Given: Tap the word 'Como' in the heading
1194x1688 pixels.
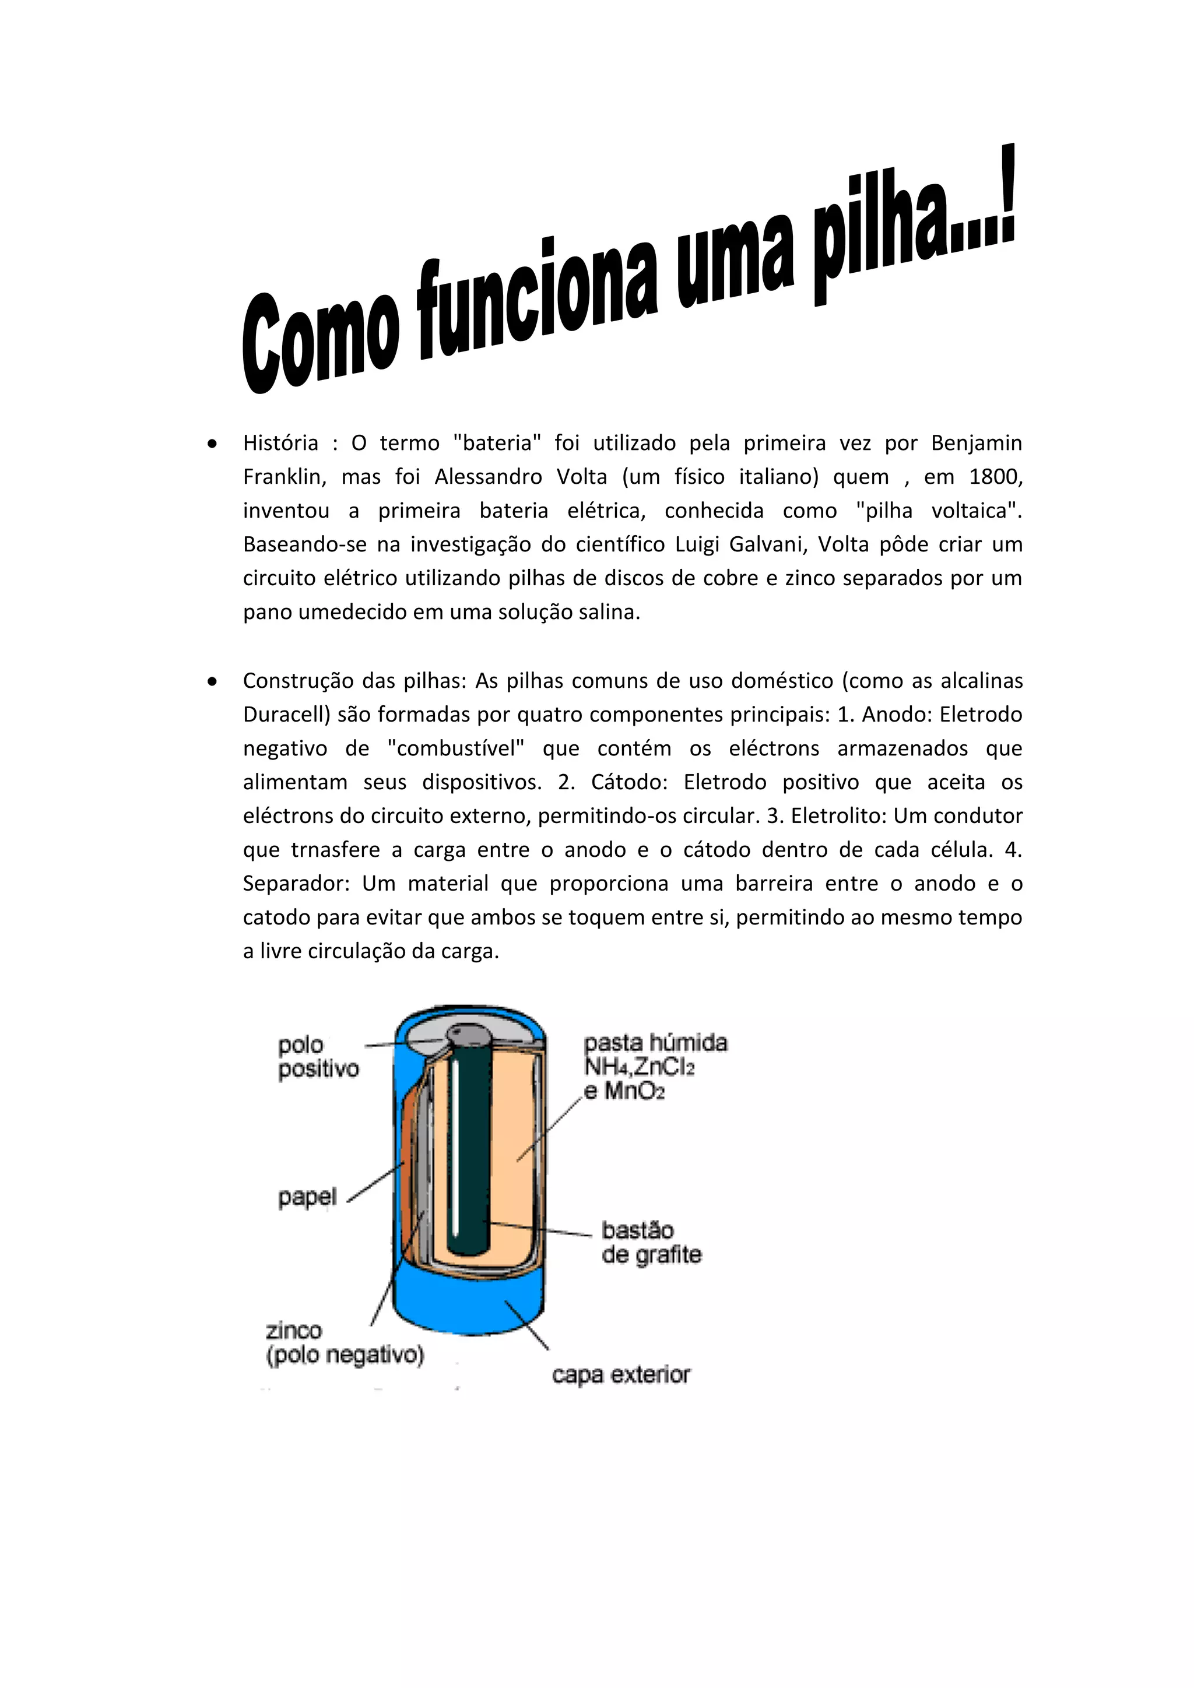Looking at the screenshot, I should [320, 342].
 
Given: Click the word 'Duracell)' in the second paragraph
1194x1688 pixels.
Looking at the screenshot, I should [287, 714].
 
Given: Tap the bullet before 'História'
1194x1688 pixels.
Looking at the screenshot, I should [212, 444].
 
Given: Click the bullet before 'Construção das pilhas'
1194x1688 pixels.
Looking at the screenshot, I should [212, 681].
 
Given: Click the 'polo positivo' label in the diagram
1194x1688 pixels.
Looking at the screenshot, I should [318, 1057].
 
